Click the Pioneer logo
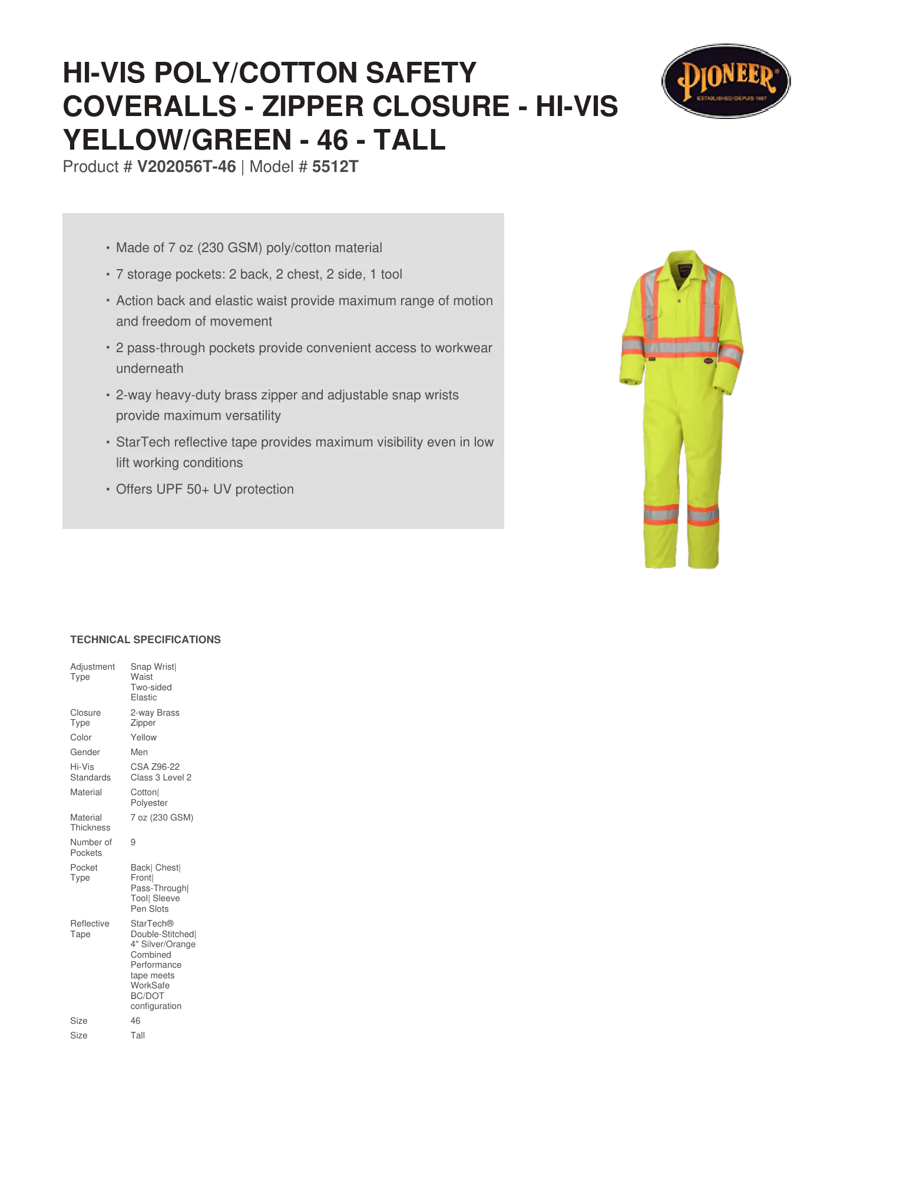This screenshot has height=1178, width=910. pyautogui.click(x=726, y=81)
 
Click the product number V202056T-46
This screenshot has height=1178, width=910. pyautogui.click(x=186, y=167)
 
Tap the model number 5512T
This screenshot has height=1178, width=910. pyautogui.click(x=335, y=167)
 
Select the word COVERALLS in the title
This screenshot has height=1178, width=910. pyautogui.click(x=150, y=107)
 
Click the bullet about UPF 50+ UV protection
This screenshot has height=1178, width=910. pyautogui.click(x=204, y=489)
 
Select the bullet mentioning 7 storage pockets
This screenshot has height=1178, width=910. pyautogui.click(x=259, y=274)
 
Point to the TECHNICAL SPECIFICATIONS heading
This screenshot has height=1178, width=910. pyautogui.click(x=145, y=640)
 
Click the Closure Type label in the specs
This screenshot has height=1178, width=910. pyautogui.click(x=85, y=717)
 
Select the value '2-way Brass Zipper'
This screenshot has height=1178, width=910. pyautogui.click(x=154, y=717)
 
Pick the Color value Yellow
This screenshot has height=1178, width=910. pyautogui.click(x=144, y=737)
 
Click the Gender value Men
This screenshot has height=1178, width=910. pyautogui.click(x=139, y=752)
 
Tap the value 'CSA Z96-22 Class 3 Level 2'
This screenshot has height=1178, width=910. pyautogui.click(x=160, y=772)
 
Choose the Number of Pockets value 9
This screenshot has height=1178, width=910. pyautogui.click(x=133, y=842)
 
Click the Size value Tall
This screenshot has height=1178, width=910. pyautogui.click(x=138, y=1035)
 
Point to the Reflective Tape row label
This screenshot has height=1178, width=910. pyautogui.click(x=90, y=929)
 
